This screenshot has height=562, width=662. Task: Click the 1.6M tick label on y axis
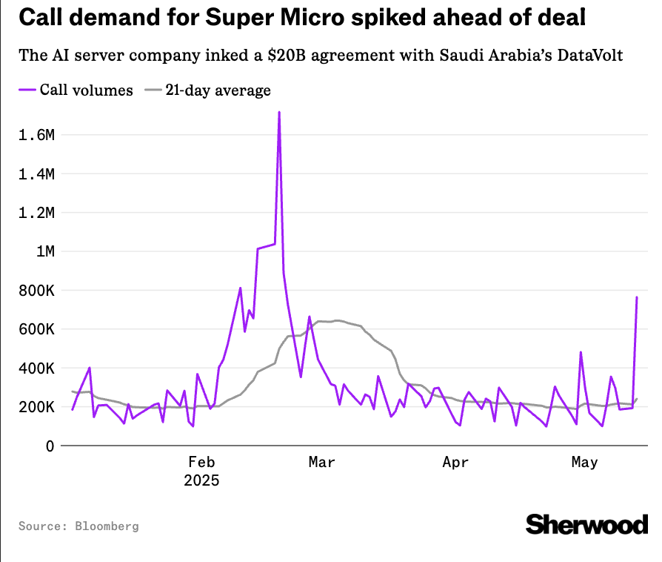36,135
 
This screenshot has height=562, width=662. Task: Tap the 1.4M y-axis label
36,174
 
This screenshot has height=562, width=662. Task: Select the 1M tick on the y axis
44,251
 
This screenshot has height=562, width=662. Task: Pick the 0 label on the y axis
49,446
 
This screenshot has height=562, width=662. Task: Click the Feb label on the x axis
201,463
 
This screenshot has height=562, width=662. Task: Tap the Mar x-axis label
322,463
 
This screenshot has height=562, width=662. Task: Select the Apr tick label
455,463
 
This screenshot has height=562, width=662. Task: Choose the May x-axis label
585,463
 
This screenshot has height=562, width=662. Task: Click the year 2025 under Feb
201,480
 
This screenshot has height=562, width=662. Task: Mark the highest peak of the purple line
279,113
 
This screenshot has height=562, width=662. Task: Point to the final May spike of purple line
637,297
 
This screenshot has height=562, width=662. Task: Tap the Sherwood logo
586,524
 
